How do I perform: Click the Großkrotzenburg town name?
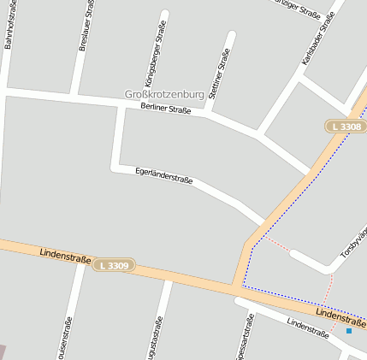pos(164,94)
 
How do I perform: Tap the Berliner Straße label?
pos(166,109)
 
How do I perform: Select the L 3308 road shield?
pos(346,127)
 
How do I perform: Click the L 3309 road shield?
pos(113,266)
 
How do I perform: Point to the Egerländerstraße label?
pos(164,176)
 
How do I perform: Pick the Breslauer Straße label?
pos(86,26)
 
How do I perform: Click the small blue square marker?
pos(349,330)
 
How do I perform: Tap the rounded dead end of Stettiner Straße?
pos(231,35)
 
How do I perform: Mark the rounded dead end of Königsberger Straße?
pos(164,15)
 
